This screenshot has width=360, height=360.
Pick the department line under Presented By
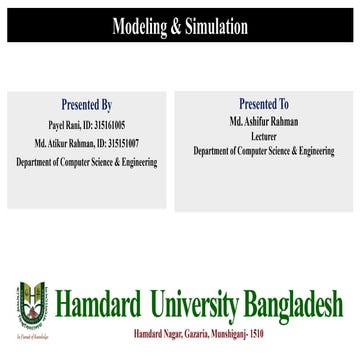[93, 145]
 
